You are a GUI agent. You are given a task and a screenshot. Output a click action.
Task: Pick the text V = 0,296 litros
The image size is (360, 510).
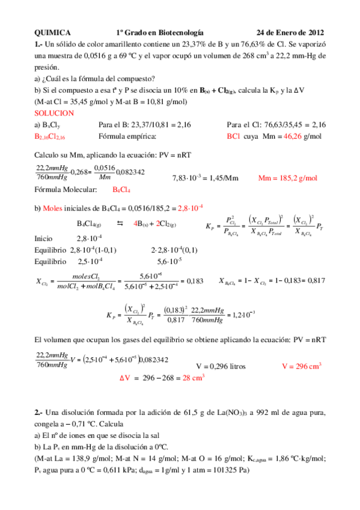pyautogui.click(x=221, y=366)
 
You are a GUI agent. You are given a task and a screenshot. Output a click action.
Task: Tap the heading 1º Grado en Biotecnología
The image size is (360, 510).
pyautogui.click(x=159, y=32)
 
